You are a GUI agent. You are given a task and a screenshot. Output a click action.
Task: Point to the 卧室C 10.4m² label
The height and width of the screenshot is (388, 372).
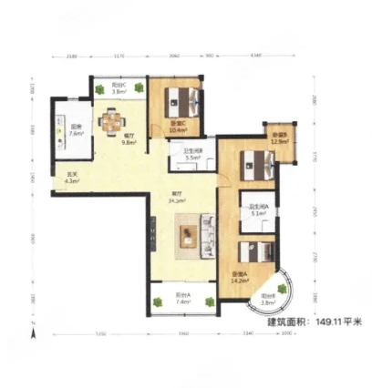[x=179, y=127]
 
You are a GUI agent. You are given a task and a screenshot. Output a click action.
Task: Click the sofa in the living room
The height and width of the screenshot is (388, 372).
[x=206, y=235]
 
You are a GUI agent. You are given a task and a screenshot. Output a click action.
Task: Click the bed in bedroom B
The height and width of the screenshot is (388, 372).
[x=256, y=164]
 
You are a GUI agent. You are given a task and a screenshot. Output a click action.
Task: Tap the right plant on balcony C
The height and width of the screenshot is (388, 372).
[x=137, y=87]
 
